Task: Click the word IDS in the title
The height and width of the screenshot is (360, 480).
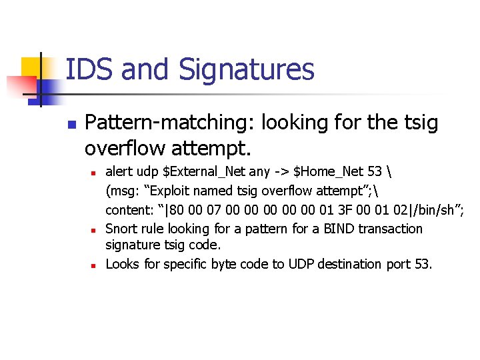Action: [x=87, y=69]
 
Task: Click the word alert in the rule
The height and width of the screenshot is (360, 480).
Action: [x=119, y=171]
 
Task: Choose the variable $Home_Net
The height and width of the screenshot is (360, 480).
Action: [x=323, y=172]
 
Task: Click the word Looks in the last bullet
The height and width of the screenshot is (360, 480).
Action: [x=123, y=264]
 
